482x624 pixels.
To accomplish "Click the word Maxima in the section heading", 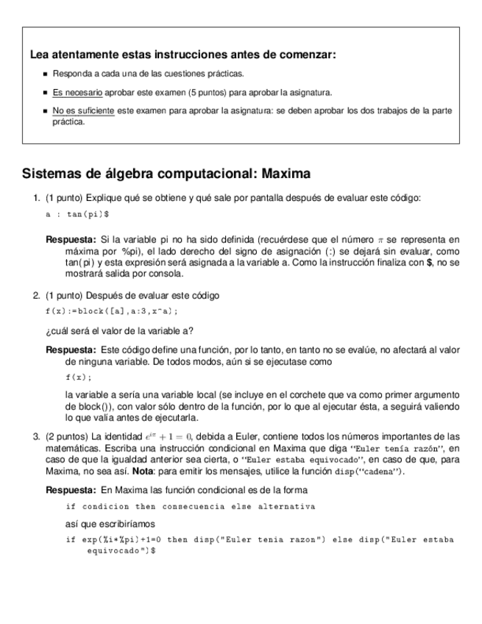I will (283, 174).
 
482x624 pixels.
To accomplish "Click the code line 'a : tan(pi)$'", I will (77, 214).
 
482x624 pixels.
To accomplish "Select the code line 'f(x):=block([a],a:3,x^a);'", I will (112, 311).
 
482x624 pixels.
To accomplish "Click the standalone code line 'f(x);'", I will (79, 377).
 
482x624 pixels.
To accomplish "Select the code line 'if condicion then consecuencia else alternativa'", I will (190, 506).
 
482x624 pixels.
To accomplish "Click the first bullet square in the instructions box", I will (46, 74).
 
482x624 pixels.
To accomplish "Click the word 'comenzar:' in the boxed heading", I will (311, 55).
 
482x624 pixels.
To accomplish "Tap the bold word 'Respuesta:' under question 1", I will (71, 239).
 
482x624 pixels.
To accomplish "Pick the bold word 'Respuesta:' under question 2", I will (71, 350).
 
